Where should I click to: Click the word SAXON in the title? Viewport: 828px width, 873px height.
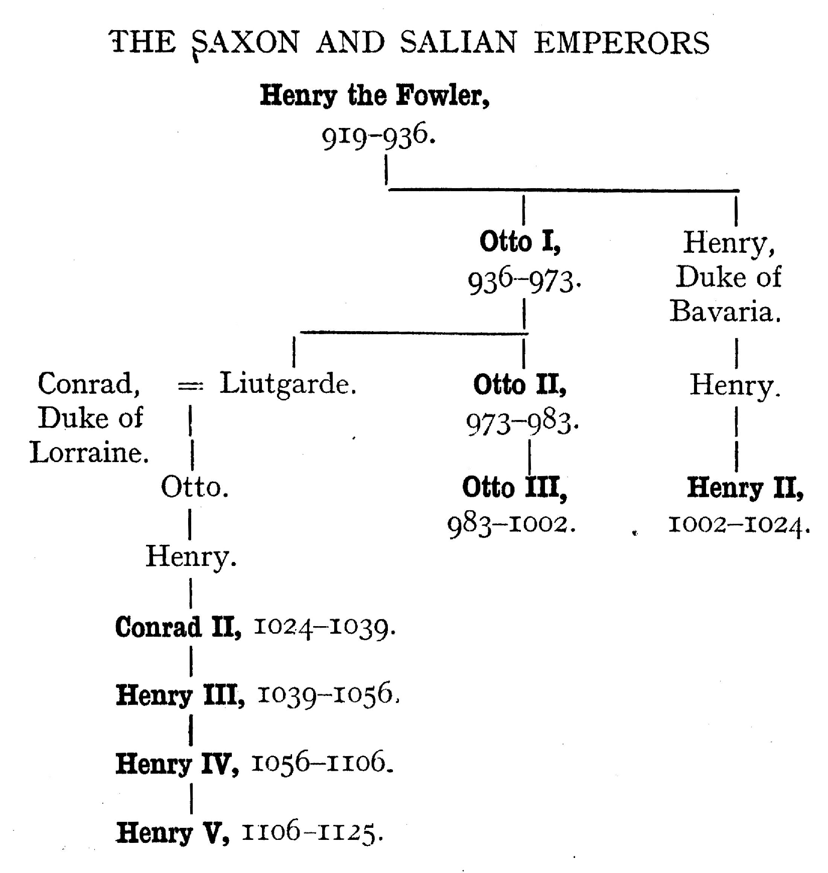pos(246,42)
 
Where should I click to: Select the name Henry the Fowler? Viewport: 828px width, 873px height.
pos(374,95)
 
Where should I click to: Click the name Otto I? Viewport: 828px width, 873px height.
pos(520,242)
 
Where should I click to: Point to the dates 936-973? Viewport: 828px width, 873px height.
pos(524,281)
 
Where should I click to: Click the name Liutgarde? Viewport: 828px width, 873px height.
pos(288,384)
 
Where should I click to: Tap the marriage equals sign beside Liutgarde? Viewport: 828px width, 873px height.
pos(190,385)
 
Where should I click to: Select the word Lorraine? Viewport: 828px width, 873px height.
pos(89,453)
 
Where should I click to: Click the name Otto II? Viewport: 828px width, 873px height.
pos(520,385)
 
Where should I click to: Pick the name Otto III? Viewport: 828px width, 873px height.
pos(514,487)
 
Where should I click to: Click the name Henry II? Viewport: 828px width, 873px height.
pos(745,487)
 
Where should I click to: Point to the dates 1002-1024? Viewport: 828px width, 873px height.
pos(739,525)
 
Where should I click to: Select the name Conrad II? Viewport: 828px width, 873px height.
pos(178,627)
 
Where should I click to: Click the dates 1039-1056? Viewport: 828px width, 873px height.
pos(328,695)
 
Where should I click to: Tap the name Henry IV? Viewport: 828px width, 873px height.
pos(177,764)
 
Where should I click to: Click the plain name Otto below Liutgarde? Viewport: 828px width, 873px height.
pos(195,487)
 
